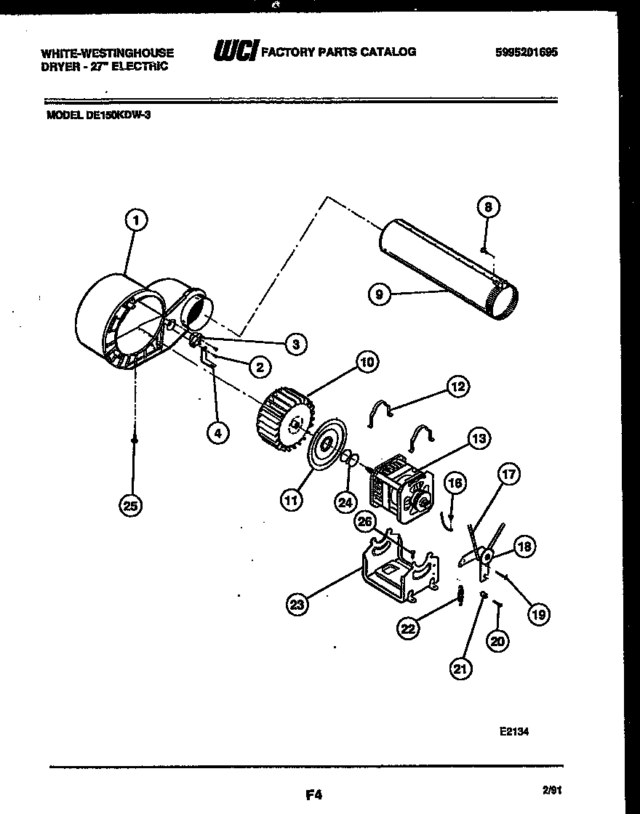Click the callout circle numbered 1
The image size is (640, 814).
pyautogui.click(x=135, y=219)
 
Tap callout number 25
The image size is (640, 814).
pyautogui.click(x=132, y=507)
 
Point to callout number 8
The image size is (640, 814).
pyautogui.click(x=488, y=207)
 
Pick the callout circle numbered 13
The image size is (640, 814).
pyautogui.click(x=478, y=438)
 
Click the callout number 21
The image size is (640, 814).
pyautogui.click(x=459, y=669)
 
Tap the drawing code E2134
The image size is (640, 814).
pyautogui.click(x=513, y=732)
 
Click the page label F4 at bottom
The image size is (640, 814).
pyautogui.click(x=313, y=794)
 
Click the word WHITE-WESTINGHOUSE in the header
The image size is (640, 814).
pyautogui.click(x=107, y=53)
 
